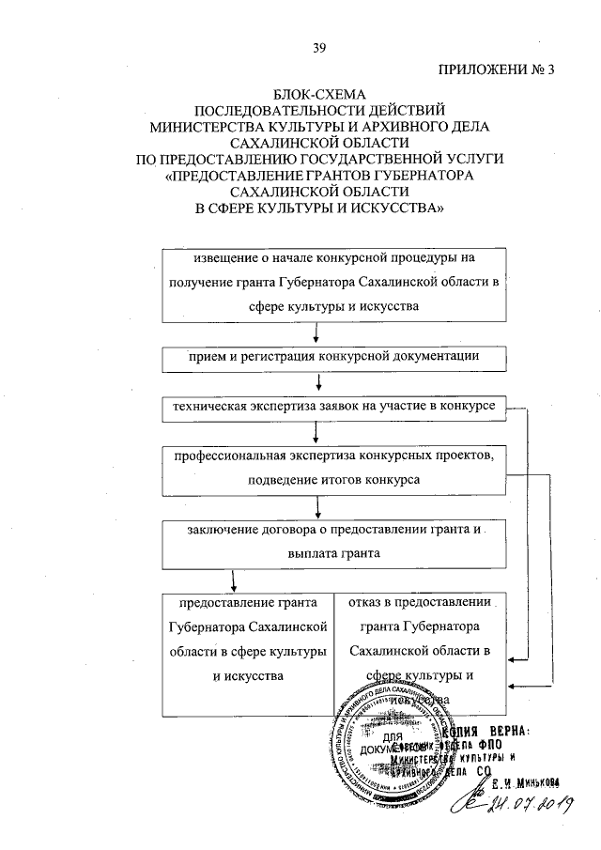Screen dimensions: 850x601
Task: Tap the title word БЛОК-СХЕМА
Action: (x=319, y=94)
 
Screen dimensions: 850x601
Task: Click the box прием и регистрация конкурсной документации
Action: (x=321, y=358)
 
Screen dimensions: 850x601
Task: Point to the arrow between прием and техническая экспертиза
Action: (x=320, y=382)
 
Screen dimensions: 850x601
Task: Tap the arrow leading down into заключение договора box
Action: (x=320, y=507)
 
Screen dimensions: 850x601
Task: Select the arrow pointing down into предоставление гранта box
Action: (x=223, y=580)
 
